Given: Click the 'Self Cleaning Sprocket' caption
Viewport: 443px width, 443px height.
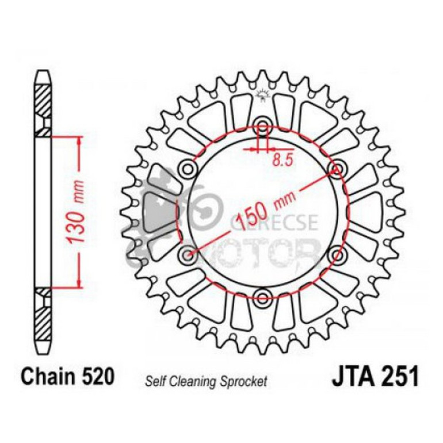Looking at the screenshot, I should (206, 380).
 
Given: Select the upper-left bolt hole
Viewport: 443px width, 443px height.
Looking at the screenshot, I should (188, 169).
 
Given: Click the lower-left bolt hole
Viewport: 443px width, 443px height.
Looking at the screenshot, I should (188, 254).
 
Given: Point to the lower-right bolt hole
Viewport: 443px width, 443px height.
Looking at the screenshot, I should (337, 254).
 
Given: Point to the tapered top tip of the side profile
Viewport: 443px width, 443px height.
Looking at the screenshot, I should (43, 75).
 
